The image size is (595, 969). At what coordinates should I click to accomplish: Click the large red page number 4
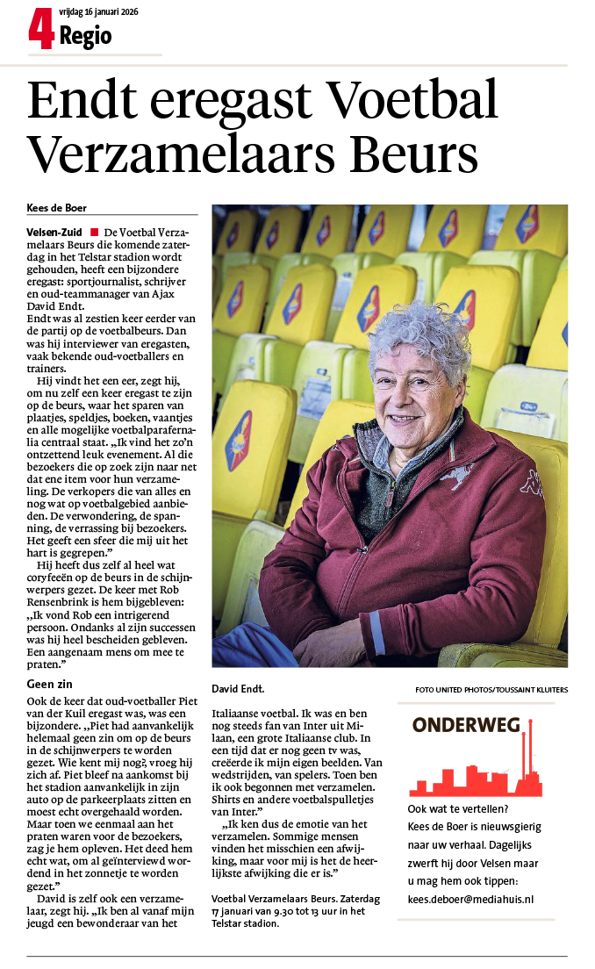41,29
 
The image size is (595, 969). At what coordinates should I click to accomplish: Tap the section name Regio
85,36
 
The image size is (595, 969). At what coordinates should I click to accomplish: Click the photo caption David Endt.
238,689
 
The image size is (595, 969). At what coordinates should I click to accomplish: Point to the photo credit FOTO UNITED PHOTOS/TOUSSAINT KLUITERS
491,690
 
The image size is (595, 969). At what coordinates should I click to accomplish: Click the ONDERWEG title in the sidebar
465,725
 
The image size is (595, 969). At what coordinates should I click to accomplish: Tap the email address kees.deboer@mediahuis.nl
471,899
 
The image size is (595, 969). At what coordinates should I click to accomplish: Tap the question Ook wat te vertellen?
455,808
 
